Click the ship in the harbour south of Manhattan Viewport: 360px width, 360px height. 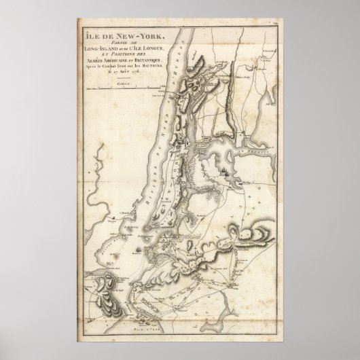tap(139, 251)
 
